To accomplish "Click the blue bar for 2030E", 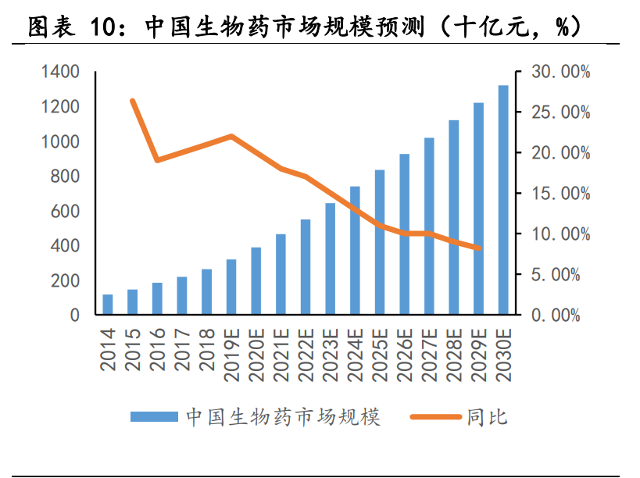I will coord(503,200).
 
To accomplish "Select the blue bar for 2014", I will coord(108,305).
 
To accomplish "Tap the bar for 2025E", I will coord(380,242).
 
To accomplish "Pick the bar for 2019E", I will coord(231,287).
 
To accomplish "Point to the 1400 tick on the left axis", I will coord(60,73).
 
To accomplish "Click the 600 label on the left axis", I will coord(65,212).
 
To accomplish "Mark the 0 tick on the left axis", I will coord(75,316).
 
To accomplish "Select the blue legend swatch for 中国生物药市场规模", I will coord(154,417).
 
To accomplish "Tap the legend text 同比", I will coord(488,417).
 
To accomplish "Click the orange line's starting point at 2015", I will coord(133,101).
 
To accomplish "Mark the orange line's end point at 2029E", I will coord(478,248).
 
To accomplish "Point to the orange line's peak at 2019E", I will coord(231,136).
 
